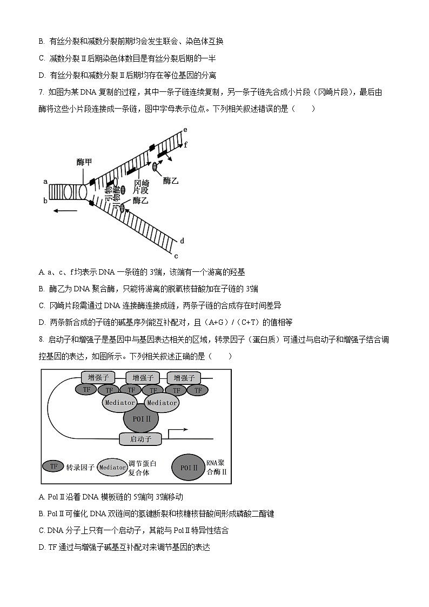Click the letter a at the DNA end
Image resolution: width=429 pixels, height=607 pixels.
(46, 182)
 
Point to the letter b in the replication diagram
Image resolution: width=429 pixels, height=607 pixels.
(46, 201)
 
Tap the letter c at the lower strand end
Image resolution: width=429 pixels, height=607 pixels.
(176, 256)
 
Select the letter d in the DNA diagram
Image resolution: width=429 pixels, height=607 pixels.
(183, 241)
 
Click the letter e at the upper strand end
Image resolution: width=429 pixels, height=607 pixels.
(185, 130)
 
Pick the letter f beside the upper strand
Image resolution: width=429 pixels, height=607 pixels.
(186, 144)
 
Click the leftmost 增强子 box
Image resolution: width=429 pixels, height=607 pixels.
(98, 377)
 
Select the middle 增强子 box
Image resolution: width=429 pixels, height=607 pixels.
(143, 377)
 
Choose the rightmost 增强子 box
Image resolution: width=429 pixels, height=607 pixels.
(184, 377)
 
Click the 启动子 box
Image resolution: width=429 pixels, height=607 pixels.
(140, 439)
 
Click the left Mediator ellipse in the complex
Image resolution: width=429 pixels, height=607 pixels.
(120, 403)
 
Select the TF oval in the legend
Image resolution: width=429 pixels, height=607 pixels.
(53, 465)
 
